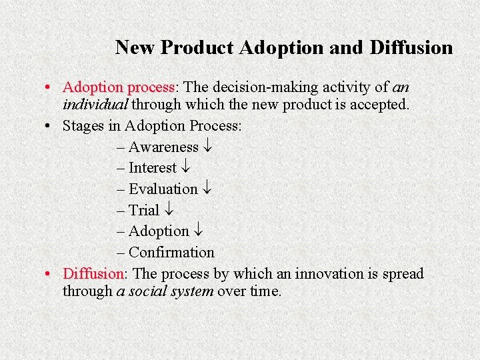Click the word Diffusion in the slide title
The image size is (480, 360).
point(411,48)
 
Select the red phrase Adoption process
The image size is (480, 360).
point(118,87)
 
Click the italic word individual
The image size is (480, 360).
point(95,105)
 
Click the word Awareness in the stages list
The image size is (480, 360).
point(163,147)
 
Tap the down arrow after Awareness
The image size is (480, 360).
point(207,147)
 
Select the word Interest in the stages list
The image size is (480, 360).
point(153,168)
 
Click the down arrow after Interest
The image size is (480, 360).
point(185,169)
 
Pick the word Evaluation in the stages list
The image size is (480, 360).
point(163,189)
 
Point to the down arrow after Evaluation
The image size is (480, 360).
point(207,190)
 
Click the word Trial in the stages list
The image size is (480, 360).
point(144,211)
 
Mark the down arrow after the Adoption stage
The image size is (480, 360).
point(198,232)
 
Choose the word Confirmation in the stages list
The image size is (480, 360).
point(171,253)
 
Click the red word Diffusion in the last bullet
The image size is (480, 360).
point(93,274)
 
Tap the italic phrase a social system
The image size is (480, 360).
point(165,291)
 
